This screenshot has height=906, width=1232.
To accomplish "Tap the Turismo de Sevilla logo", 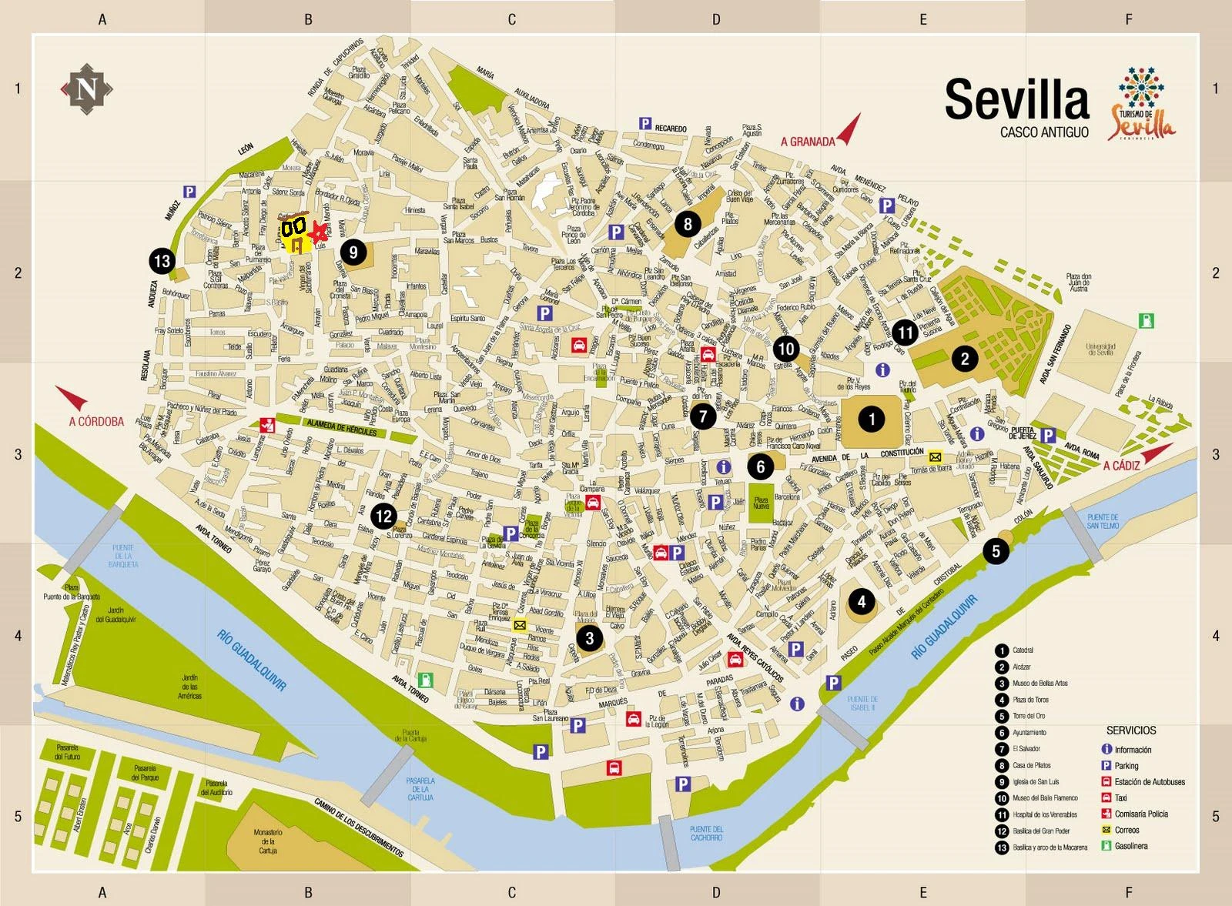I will (x=1141, y=104).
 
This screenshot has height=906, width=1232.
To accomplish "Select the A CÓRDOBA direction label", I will (x=96, y=421).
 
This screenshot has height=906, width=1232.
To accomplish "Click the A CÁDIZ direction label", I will (x=1121, y=466).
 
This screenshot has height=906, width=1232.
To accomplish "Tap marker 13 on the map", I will (x=162, y=261).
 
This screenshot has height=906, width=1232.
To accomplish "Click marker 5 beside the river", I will (x=996, y=550).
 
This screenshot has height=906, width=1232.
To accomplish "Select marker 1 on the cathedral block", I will (x=872, y=419).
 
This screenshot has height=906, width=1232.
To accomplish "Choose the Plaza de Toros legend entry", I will (x=1030, y=700).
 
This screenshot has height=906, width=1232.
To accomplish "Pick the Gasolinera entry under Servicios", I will (x=1130, y=846).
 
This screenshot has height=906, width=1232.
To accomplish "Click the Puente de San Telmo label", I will (x=1103, y=521).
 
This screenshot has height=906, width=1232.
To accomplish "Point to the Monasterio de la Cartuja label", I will (x=267, y=841).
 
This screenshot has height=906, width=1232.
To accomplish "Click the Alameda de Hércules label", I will (x=341, y=426).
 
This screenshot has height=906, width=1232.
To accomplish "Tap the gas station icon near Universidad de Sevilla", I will (x=1147, y=321).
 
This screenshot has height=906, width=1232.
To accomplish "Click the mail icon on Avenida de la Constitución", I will (x=935, y=456).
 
